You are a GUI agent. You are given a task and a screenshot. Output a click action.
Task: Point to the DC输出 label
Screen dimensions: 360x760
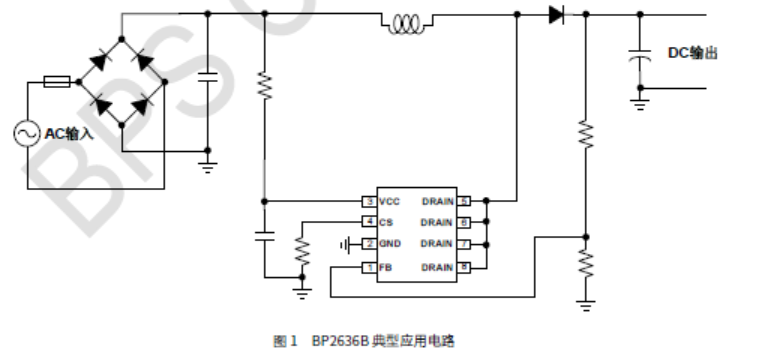(x=692, y=53)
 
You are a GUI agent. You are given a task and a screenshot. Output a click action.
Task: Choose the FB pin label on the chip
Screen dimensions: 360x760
(x=385, y=266)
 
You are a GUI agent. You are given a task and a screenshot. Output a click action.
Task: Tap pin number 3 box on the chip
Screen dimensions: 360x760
(x=369, y=201)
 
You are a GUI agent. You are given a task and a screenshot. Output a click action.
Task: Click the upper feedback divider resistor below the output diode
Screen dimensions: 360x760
(x=586, y=133)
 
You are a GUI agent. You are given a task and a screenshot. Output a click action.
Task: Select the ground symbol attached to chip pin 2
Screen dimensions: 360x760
(x=343, y=244)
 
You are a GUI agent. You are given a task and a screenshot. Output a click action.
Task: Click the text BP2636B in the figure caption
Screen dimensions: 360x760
(x=341, y=342)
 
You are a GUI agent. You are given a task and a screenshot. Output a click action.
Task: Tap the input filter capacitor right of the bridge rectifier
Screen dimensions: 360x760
(x=207, y=80)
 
